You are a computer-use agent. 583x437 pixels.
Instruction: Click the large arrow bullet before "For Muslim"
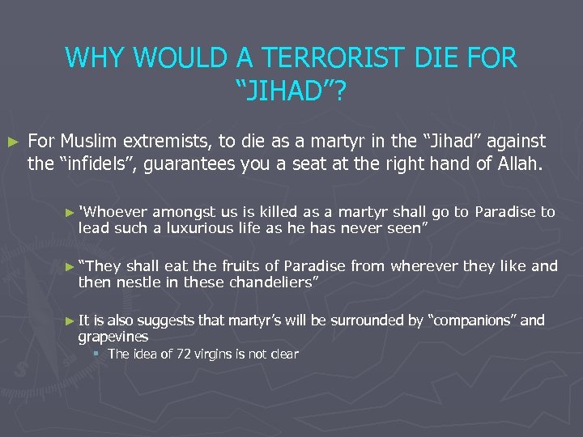coord(11,142)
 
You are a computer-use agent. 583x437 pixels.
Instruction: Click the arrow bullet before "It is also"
coord(70,321)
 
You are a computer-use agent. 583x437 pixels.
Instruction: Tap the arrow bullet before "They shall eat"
coord(70,266)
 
